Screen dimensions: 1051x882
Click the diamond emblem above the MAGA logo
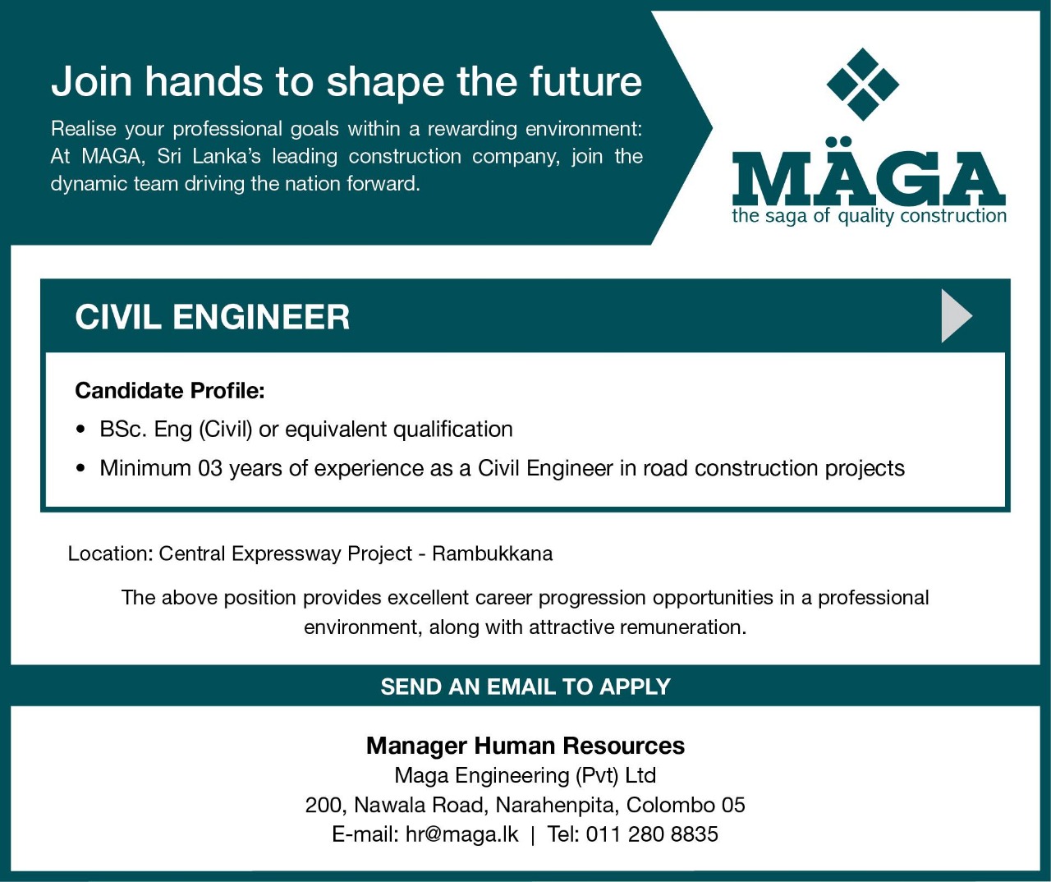863,84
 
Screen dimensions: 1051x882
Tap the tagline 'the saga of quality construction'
870,216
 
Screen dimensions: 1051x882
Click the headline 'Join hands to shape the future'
347,83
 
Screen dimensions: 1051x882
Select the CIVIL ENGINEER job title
212,317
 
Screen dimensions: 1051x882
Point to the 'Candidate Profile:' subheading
170,391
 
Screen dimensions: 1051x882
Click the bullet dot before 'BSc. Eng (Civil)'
80,430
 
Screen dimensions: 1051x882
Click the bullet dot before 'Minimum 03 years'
80,469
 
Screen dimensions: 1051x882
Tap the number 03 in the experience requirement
210,468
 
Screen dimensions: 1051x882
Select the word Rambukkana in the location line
493,554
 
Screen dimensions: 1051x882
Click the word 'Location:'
111,554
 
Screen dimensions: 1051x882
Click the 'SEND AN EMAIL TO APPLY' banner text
525,687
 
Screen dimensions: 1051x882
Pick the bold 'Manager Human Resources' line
525,746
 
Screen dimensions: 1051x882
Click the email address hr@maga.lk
462,834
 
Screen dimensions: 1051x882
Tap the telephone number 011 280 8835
652,834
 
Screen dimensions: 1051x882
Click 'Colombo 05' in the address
686,805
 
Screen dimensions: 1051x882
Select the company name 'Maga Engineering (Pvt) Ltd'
525,775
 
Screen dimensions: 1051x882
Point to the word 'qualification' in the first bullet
453,430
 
